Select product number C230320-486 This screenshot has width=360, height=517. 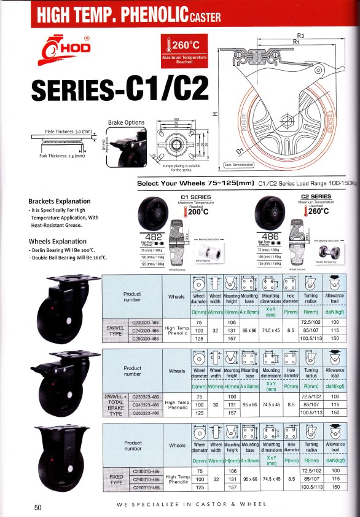tap(146, 322)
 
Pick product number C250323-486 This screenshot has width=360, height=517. tap(146, 413)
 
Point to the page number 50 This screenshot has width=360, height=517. tap(37, 507)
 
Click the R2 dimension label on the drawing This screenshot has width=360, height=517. tap(301, 35)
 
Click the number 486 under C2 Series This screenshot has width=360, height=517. tap(269, 235)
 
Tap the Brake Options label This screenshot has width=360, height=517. tap(126, 122)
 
